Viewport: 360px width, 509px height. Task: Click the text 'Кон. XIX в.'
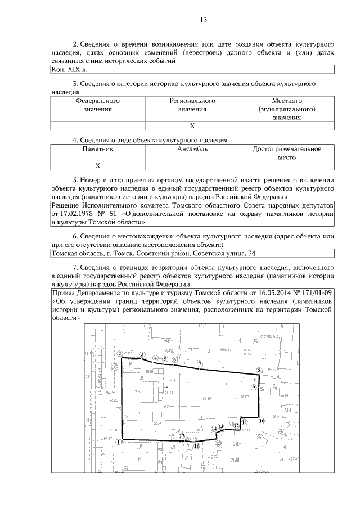pos(69,69)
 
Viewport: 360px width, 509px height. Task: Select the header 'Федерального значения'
pos(98,105)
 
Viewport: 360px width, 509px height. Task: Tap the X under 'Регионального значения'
pos(192,126)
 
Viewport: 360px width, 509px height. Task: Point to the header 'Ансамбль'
pos(192,149)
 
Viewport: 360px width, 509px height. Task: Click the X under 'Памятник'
pos(98,166)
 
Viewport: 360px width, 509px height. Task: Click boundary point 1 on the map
pos(119,442)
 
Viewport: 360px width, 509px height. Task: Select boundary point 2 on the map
pos(120,354)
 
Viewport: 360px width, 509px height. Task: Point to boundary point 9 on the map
pos(254,387)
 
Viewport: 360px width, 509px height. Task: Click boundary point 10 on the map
pos(262,420)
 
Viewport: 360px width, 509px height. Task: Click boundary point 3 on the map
pos(143,354)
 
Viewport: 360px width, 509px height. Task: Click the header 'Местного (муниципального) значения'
pos(286,109)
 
